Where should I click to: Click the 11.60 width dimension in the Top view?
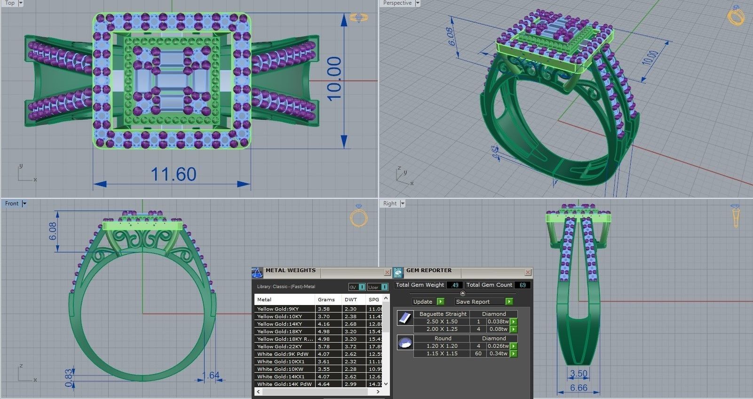(x=173, y=174)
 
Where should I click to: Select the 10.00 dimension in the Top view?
(x=334, y=78)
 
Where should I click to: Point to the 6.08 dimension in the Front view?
(x=52, y=231)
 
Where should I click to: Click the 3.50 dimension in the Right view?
(x=579, y=374)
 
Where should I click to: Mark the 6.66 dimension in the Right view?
(x=579, y=388)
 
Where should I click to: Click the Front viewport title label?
(x=12, y=203)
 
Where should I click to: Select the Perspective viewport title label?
(x=397, y=3)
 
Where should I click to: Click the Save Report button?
(x=473, y=302)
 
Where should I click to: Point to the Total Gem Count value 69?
(x=522, y=285)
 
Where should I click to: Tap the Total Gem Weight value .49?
(x=454, y=285)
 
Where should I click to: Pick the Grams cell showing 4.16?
(x=324, y=324)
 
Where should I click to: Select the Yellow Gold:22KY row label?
(x=278, y=346)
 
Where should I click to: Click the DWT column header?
(x=350, y=299)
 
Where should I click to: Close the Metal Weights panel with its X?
(x=387, y=272)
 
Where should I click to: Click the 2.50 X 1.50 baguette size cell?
(x=442, y=321)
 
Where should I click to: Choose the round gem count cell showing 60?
(x=478, y=353)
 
